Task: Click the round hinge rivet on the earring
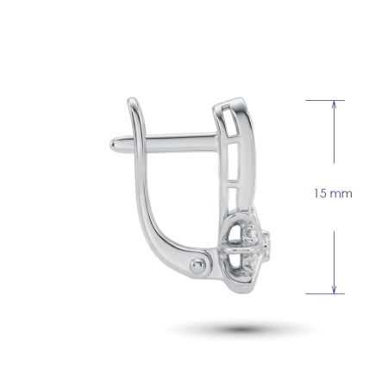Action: tap(197, 266)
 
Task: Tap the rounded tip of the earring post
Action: tap(113, 144)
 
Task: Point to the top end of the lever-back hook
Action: tap(132, 100)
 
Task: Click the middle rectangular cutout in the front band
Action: tap(233, 162)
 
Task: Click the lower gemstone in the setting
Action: tap(252, 262)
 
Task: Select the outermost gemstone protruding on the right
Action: tap(266, 244)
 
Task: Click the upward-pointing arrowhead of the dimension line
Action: tap(334, 104)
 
